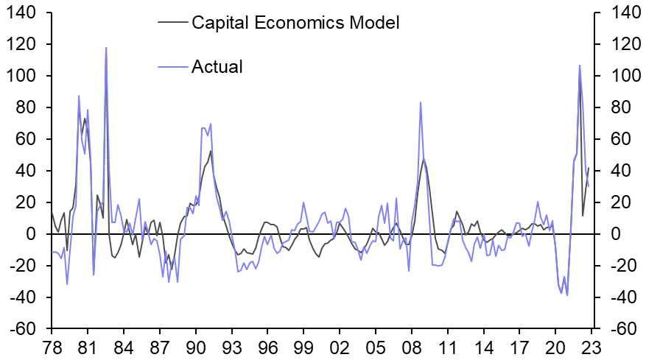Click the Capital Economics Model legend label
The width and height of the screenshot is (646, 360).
pos(295,23)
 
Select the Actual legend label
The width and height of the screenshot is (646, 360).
pos(217,67)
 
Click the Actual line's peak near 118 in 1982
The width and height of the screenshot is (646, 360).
pos(106,48)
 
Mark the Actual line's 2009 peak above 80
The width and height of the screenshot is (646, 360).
pos(421,102)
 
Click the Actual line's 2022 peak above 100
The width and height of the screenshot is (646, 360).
pos(579,66)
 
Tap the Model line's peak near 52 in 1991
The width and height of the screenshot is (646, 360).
pos(211,151)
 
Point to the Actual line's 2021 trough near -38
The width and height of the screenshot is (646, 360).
pos(567,295)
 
